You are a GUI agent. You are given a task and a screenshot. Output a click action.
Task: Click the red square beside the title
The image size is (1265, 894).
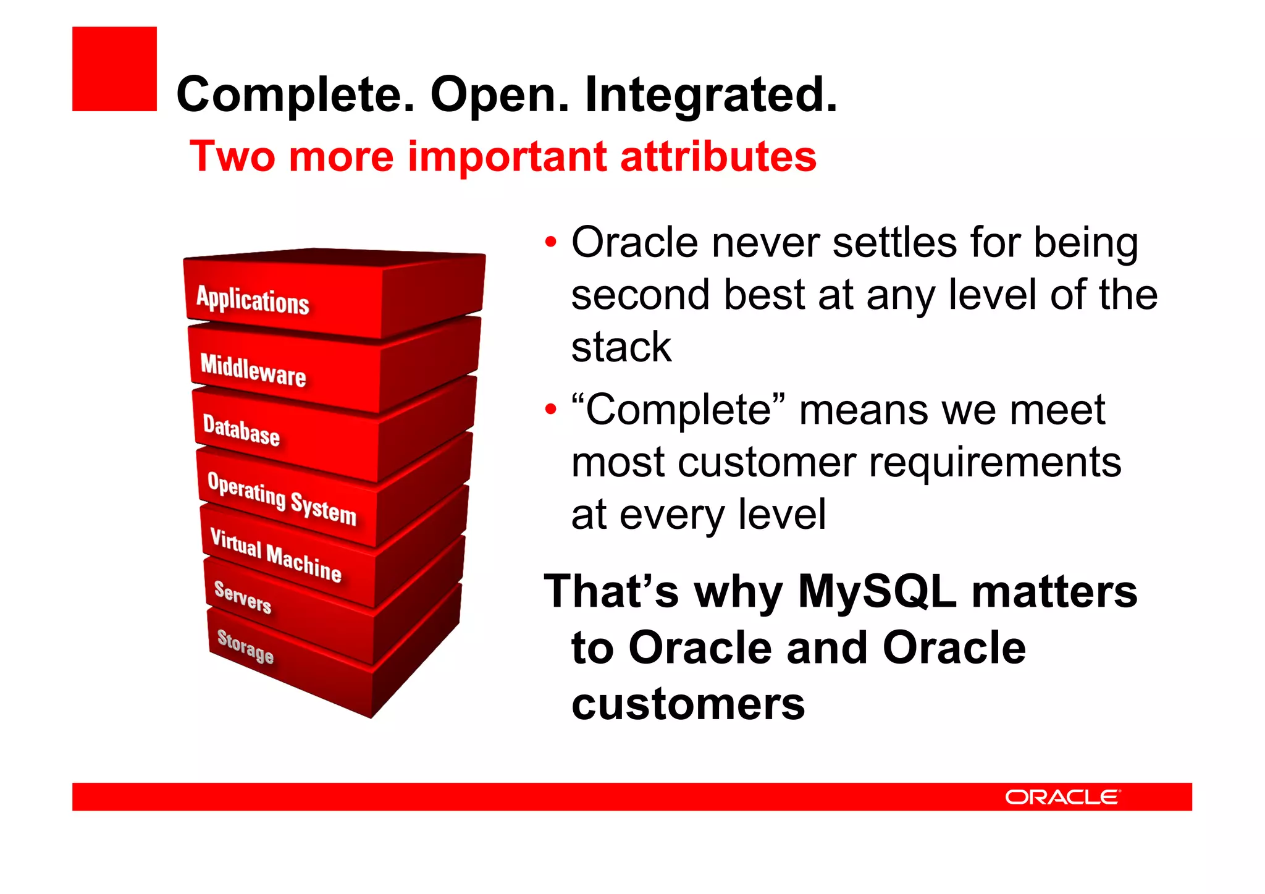click(x=114, y=69)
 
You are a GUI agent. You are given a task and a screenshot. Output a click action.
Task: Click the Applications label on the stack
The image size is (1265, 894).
click(x=253, y=301)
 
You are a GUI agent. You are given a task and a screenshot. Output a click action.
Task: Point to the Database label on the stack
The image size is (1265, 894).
click(x=242, y=430)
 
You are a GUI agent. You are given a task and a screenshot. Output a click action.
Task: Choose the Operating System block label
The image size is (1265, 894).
click(x=282, y=499)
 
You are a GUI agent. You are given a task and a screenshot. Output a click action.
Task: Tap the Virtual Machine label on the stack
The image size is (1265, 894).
click(x=275, y=555)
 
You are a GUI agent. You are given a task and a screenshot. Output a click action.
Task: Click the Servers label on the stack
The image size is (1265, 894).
click(x=243, y=597)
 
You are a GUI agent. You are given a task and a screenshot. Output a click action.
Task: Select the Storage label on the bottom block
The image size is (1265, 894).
click(x=245, y=646)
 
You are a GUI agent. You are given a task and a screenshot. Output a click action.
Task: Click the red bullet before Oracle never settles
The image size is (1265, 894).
click(x=550, y=242)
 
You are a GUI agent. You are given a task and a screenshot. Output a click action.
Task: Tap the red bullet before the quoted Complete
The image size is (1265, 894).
click(x=550, y=409)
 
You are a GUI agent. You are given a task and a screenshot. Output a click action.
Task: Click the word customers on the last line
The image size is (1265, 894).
click(x=688, y=704)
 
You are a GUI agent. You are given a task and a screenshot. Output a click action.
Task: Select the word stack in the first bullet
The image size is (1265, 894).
click(x=621, y=347)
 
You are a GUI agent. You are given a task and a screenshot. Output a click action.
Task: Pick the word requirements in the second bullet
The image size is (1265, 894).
click(x=994, y=463)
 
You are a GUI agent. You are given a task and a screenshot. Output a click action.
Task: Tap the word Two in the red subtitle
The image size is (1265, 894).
click(x=232, y=156)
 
